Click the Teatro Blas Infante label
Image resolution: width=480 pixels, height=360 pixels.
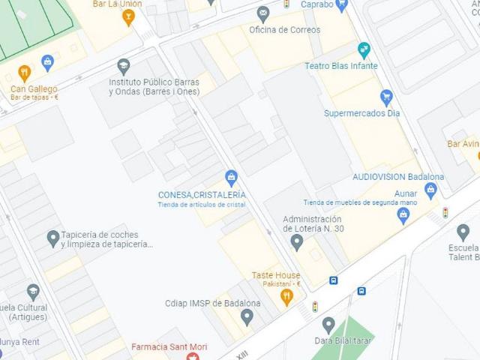point(340,66)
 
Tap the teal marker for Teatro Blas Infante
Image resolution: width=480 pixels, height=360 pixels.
point(364,50)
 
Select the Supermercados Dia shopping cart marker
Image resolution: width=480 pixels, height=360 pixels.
point(386,97)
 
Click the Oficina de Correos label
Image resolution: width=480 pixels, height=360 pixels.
point(284,30)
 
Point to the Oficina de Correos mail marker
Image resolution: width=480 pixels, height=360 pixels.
point(262,13)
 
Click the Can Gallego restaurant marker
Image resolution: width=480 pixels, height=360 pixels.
point(24,73)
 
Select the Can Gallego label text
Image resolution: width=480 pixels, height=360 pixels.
point(34,88)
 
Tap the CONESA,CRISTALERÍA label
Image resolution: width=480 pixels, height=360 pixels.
point(202,195)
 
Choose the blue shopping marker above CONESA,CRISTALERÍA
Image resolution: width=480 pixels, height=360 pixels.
point(231,178)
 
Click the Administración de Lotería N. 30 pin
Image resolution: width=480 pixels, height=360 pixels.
point(297,241)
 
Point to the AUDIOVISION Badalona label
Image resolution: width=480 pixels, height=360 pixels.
point(398,177)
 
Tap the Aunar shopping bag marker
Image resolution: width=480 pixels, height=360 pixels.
point(403,216)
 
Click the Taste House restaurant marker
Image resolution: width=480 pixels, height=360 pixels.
point(286,297)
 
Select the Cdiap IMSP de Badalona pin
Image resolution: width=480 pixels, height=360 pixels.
point(247,316)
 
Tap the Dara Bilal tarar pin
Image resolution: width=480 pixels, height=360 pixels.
point(328,325)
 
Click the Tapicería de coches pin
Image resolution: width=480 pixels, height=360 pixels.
point(52,238)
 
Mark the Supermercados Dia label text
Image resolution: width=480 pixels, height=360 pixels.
point(361,113)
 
